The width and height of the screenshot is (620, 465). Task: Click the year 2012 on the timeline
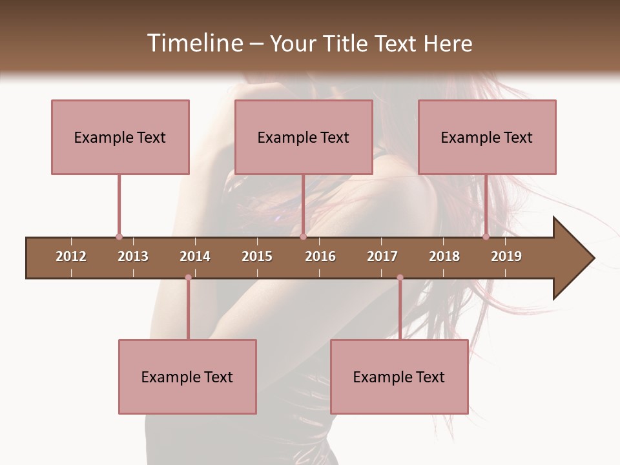pyautogui.click(x=71, y=256)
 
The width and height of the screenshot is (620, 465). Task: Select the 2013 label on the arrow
pyautogui.click(x=133, y=256)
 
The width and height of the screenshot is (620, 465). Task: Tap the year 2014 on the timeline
pyautogui.click(x=195, y=256)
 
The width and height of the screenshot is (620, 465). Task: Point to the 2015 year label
pyautogui.click(x=257, y=256)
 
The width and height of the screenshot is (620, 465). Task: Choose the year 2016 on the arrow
pyautogui.click(x=320, y=256)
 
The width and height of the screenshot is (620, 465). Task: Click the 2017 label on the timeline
pyautogui.click(x=382, y=256)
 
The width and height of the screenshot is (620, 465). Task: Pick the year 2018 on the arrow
pyautogui.click(x=444, y=256)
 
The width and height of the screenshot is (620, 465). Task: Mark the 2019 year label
pyautogui.click(x=506, y=256)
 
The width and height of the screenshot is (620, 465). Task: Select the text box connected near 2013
pyautogui.click(x=120, y=137)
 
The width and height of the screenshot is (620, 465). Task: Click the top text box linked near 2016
pyautogui.click(x=304, y=137)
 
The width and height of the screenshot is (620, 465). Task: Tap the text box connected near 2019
pyautogui.click(x=487, y=137)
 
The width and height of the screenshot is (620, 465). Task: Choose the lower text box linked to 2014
pyautogui.click(x=187, y=377)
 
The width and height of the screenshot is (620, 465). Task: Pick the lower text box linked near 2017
pyautogui.click(x=399, y=377)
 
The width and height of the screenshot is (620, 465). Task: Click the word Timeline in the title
pyautogui.click(x=194, y=43)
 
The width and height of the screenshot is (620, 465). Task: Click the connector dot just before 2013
pyautogui.click(x=119, y=237)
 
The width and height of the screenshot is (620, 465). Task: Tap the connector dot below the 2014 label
pyautogui.click(x=188, y=278)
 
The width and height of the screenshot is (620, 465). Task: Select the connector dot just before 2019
pyautogui.click(x=486, y=237)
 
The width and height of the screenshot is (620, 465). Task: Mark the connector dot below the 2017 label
pyautogui.click(x=400, y=278)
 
